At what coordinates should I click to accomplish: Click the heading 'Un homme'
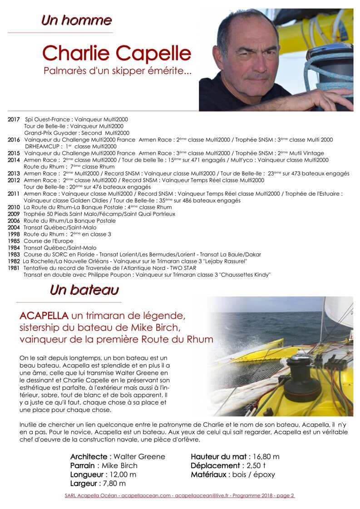coord(76,20)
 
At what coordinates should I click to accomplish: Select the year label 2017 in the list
coord(14,119)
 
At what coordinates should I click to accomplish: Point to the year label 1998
coord(14,234)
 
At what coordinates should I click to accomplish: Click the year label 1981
coord(14,268)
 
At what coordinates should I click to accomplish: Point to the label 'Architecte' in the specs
coord(88,456)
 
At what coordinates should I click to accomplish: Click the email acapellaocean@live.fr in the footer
coord(202,496)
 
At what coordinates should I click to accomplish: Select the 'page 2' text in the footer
coord(285,496)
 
